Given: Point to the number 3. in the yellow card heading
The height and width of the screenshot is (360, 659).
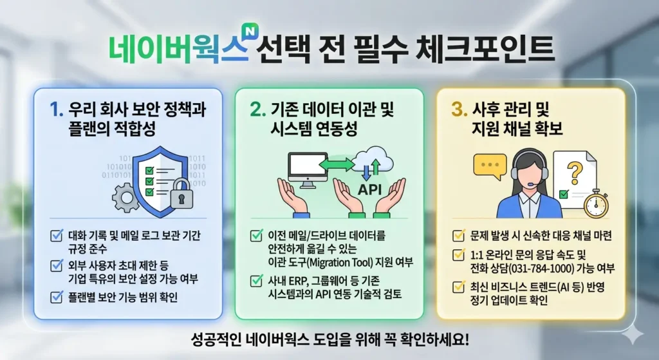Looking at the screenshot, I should coord(459,109).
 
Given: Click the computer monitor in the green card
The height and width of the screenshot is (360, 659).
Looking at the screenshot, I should coord(307,169).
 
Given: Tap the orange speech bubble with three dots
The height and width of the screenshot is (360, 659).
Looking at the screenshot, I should coord(490,166).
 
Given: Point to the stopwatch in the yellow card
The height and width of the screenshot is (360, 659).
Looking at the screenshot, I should coord(597,202).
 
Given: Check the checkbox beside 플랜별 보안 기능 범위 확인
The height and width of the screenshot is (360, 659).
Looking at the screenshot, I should coord(57,297).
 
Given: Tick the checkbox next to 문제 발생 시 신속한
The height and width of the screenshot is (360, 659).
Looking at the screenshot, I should coord(459,236).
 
